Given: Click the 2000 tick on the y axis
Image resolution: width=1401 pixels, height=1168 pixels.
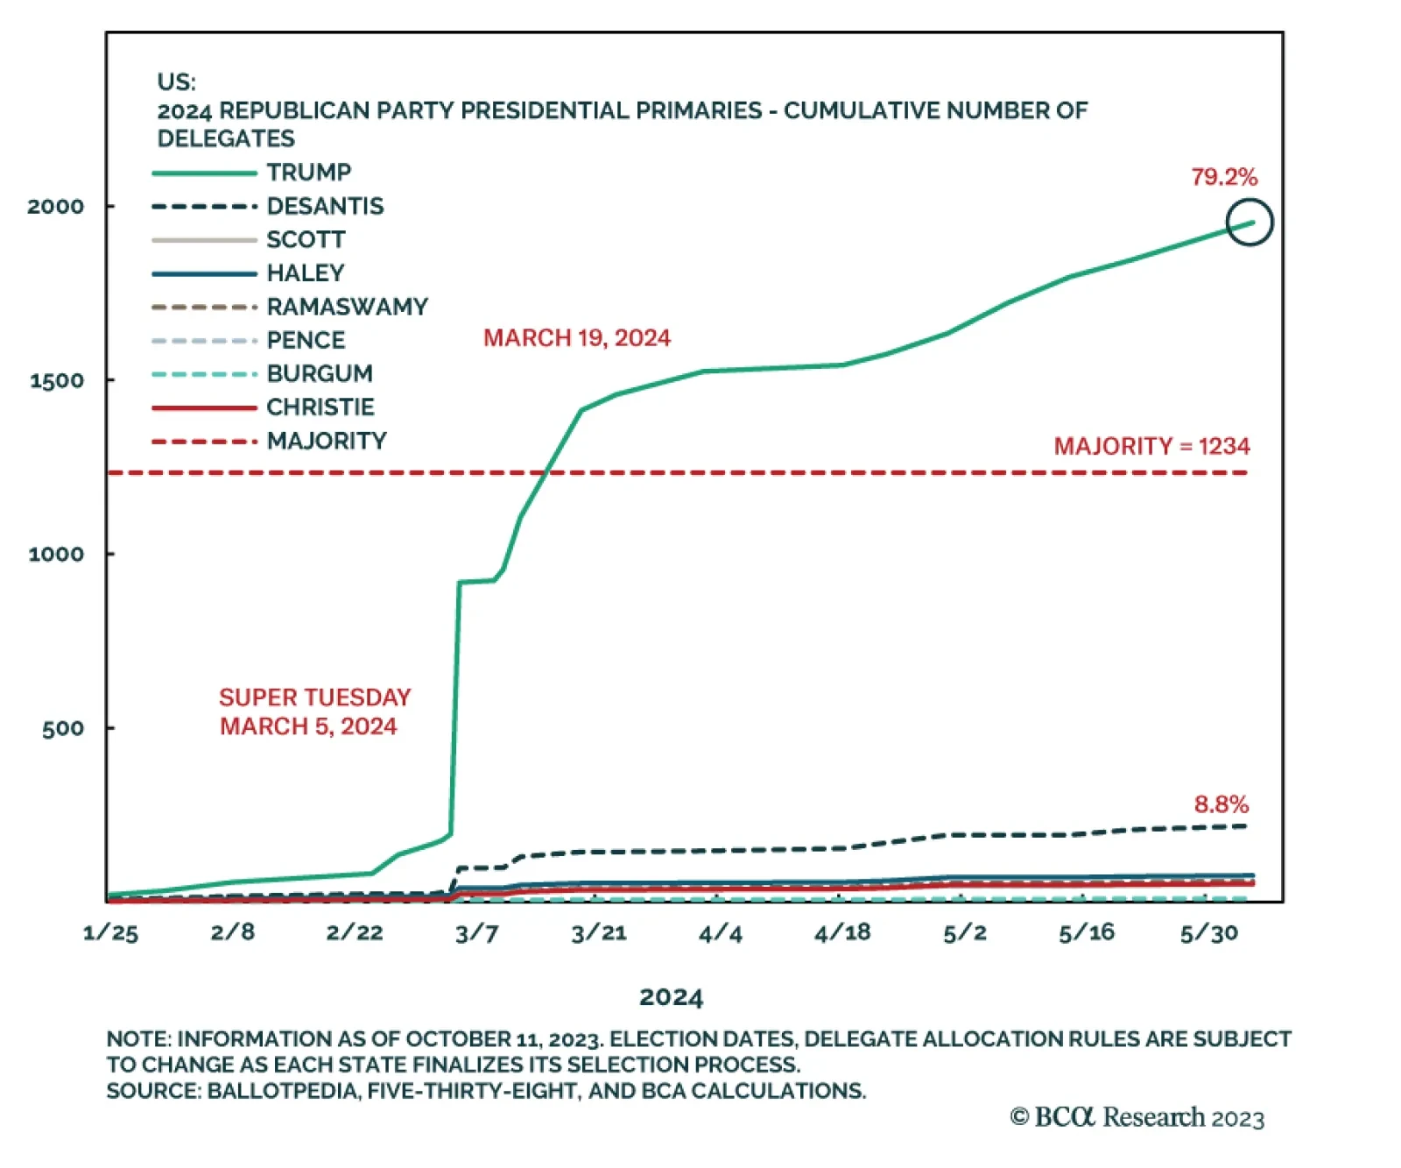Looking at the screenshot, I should (56, 207).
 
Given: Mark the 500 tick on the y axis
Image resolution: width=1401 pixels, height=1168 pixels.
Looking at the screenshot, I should (63, 728).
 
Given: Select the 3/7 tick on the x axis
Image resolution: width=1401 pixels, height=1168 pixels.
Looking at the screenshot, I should (477, 933).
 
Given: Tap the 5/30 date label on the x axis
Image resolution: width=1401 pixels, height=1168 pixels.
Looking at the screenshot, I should (1209, 933).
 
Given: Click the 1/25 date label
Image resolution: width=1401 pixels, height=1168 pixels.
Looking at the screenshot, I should (110, 933).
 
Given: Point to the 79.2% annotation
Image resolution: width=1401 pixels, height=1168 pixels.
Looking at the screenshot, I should (1224, 177).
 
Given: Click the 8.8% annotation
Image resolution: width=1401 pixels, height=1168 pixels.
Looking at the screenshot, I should (1221, 804).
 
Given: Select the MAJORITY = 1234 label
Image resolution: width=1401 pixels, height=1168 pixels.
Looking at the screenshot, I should (1151, 447).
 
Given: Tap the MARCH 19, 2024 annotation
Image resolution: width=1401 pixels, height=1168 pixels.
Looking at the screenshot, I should (577, 338).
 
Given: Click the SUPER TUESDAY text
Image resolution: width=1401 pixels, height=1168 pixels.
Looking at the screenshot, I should (315, 697).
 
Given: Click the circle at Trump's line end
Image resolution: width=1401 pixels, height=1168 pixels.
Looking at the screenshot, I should (1250, 223).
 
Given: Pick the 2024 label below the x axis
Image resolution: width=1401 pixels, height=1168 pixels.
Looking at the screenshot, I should (672, 997).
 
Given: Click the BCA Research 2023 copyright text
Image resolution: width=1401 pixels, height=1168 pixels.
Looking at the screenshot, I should (1137, 1118).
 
